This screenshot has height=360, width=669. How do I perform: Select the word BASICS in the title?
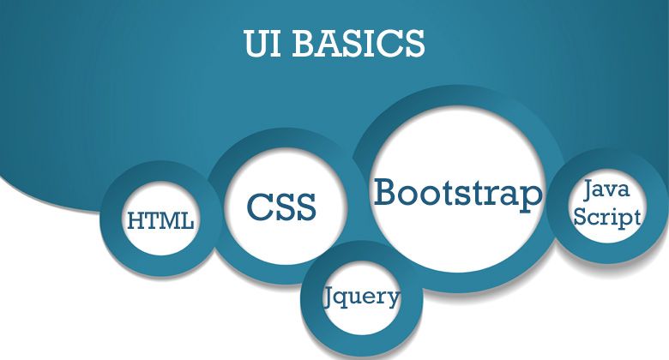360,44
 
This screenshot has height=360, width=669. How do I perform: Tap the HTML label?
160,221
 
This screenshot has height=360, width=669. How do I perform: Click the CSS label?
281,207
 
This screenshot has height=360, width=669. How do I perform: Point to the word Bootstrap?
459,192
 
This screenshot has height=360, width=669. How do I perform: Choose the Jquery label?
362,297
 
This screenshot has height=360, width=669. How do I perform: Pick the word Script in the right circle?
607,217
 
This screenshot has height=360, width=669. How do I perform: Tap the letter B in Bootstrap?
385,191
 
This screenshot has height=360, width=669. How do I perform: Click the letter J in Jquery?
330,297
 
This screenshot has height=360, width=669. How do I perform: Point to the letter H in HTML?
136,221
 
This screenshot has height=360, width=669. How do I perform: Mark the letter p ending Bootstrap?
533,195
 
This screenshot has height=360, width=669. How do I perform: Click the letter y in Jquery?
392,300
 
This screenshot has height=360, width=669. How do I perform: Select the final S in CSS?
304,207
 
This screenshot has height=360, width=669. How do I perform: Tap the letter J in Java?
589,189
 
